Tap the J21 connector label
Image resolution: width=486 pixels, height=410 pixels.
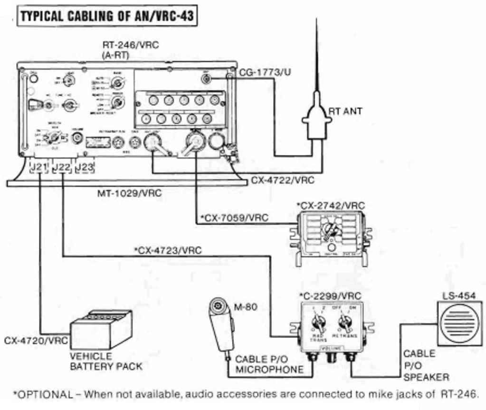click(38, 167)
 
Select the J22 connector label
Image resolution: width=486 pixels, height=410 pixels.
click(62, 167)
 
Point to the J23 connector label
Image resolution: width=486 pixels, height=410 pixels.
click(85, 167)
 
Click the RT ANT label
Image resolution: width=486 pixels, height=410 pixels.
click(345, 111)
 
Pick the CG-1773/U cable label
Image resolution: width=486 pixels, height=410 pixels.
click(265, 72)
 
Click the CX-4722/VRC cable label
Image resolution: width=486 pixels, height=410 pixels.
click(283, 181)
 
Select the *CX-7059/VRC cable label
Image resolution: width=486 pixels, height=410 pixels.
click(234, 218)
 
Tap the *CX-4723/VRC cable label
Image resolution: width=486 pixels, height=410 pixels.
click(168, 250)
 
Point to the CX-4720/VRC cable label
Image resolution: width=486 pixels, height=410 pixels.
click(36, 341)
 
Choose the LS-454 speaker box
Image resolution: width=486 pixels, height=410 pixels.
click(459, 324)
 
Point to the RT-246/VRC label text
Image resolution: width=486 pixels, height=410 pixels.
click(131, 45)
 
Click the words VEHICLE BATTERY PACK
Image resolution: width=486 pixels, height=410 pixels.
click(106, 362)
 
